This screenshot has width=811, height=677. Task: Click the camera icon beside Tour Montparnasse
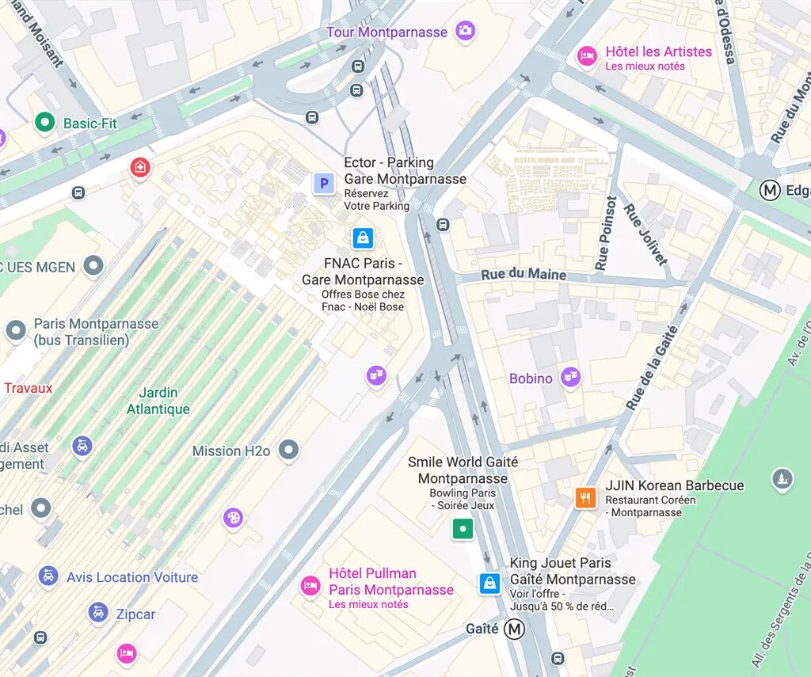pyautogui.click(x=465, y=32)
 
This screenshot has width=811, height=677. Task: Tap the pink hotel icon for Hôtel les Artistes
pyautogui.click(x=587, y=56)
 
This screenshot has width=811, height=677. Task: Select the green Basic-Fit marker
pyautogui.click(x=45, y=123)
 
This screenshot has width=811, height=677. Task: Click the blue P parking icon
pyautogui.click(x=323, y=184)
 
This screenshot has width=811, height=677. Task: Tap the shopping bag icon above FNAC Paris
pyautogui.click(x=363, y=238)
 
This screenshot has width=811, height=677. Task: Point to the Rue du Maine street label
pyautogui.click(x=524, y=275)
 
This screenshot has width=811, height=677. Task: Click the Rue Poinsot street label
pyautogui.click(x=607, y=233)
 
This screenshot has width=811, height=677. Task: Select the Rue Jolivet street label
pyautogui.click(x=645, y=234)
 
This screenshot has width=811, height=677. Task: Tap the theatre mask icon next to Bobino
pyautogui.click(x=570, y=378)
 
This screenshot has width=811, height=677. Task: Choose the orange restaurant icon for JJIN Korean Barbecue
pyautogui.click(x=585, y=497)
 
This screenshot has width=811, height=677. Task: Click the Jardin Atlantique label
pyautogui.click(x=158, y=401)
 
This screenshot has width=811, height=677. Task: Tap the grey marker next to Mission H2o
pyautogui.click(x=289, y=451)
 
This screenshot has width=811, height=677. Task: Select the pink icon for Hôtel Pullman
pyautogui.click(x=310, y=586)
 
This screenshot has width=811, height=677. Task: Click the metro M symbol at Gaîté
pyautogui.click(x=516, y=629)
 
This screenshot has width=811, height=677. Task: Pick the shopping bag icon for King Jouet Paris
pyautogui.click(x=489, y=584)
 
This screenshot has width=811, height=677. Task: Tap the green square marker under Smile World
pyautogui.click(x=463, y=529)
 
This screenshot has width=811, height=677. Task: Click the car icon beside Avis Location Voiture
pyautogui.click(x=48, y=576)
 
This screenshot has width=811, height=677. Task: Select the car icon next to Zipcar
pyautogui.click(x=98, y=613)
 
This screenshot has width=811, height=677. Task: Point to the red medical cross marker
pyautogui.click(x=140, y=167)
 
